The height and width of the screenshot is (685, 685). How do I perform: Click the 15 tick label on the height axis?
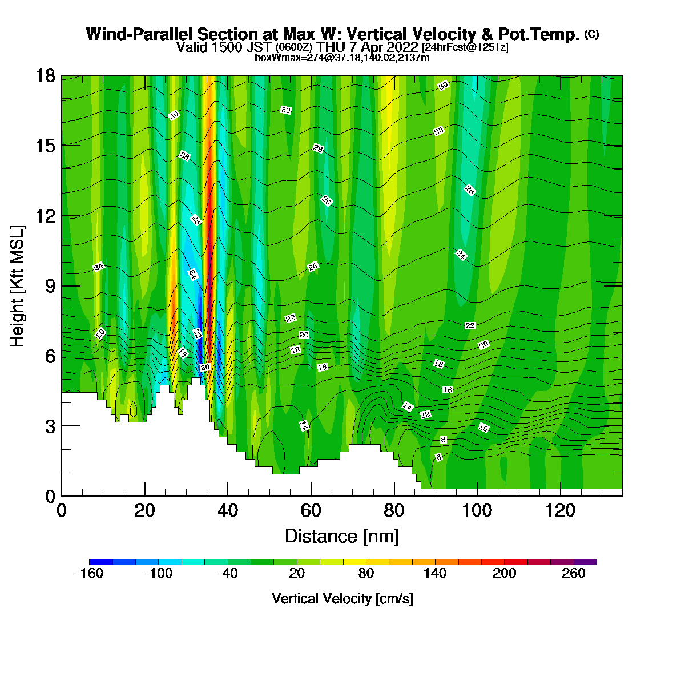tap(46, 146)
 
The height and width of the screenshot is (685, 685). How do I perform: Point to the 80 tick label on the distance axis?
tap(394, 511)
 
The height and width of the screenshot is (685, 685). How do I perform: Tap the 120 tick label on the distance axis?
tap(560, 511)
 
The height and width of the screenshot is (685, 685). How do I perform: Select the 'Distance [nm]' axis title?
tap(342, 537)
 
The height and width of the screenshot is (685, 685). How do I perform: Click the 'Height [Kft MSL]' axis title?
tap(17, 287)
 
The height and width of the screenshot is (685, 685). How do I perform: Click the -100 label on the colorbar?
tap(159, 573)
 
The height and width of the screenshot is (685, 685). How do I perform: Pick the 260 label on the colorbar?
tap(573, 573)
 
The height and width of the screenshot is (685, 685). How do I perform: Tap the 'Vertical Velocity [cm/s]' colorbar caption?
tap(342, 599)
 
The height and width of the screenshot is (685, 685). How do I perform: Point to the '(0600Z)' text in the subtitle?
tap(294, 47)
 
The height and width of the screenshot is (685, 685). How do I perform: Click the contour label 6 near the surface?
tap(438, 457)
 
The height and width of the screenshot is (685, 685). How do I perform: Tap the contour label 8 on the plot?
tap(443, 440)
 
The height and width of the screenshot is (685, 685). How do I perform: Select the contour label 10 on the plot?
tap(483, 428)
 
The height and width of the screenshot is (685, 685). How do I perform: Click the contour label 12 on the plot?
tap(425, 414)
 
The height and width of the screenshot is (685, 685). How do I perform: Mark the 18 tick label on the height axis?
tap(46, 76)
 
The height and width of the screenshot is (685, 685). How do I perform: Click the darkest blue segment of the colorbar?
tap(101, 562)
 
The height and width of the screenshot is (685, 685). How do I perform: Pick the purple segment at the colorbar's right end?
tap(585, 562)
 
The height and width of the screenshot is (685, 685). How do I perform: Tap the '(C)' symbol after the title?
tap(591, 34)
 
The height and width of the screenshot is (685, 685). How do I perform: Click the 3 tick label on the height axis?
tap(50, 426)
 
